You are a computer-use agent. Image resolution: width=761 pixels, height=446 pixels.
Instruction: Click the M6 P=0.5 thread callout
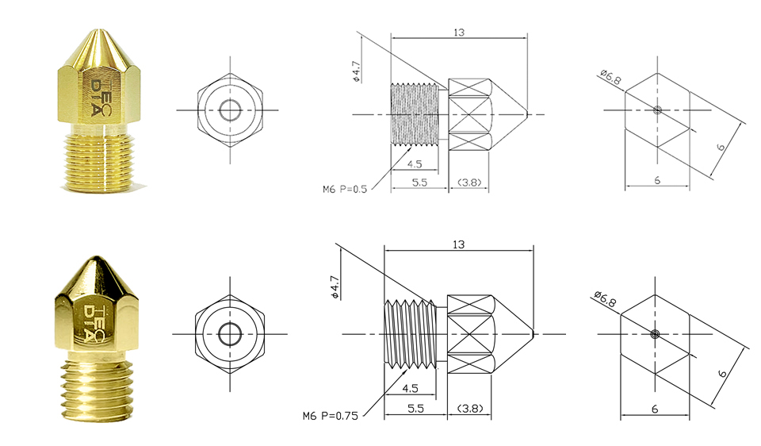[345, 189]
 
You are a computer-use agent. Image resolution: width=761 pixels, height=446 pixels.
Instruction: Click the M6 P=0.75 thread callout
[330, 416]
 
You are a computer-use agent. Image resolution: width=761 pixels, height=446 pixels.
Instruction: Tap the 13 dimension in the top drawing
[459, 33]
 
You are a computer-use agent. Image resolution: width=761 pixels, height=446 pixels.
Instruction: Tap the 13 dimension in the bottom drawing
[459, 244]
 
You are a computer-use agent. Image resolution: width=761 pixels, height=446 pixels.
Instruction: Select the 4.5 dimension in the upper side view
[415, 164]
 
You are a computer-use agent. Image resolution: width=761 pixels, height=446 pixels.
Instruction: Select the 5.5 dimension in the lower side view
[415, 409]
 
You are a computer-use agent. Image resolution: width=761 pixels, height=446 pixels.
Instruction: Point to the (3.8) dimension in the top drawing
[469, 183]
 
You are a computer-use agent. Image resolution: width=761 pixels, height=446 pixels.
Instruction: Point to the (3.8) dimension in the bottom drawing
[470, 409]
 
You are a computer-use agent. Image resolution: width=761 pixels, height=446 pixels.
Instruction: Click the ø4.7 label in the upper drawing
[356, 71]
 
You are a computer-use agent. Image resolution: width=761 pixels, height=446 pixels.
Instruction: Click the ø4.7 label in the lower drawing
[335, 286]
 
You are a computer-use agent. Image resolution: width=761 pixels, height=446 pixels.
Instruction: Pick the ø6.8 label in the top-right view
[610, 77]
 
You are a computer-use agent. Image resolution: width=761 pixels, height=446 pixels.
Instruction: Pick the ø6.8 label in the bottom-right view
[605, 299]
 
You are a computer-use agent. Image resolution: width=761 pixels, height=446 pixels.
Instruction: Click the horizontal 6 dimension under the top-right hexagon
[657, 180]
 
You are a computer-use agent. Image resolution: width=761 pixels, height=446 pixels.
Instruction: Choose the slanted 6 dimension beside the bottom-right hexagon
[723, 374]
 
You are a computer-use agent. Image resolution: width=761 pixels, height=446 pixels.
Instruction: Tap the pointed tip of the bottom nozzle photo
[95, 257]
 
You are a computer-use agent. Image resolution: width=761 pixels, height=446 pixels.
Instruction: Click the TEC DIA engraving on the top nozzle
[101, 96]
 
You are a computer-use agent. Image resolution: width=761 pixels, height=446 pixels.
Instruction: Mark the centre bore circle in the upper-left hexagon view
[230, 110]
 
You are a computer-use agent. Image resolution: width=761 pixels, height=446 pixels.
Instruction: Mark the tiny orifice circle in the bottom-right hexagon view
[656, 334]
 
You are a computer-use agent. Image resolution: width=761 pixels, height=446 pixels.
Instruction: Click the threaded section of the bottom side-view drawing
[410, 333]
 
